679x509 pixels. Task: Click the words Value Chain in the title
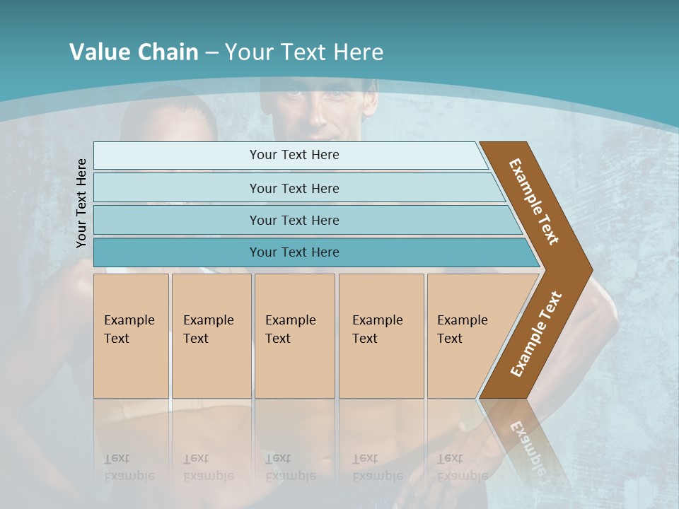pos(134,52)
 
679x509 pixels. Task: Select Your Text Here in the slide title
pos(304,52)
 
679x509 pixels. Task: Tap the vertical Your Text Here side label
pos(81,203)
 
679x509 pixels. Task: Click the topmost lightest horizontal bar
pos(294,155)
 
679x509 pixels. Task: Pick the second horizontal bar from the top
pos(294,188)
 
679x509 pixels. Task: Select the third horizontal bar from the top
pos(294,220)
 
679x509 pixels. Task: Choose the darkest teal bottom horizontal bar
pos(294,252)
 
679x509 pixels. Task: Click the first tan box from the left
pos(131,336)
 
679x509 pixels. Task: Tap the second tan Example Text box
pos(211,336)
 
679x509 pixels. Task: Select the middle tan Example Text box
pos(294,336)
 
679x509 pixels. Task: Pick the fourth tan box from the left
pos(381,336)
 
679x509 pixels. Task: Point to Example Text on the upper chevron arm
pos(534,201)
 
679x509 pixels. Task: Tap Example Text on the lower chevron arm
pos(536,334)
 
